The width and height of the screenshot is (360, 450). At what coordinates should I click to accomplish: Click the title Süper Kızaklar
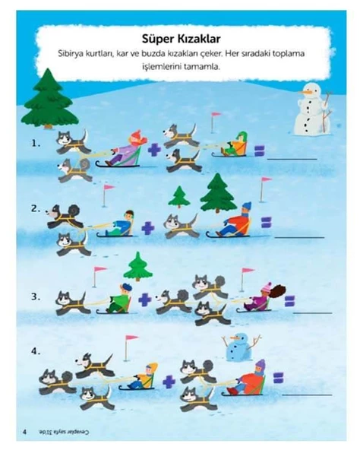[x=181, y=38]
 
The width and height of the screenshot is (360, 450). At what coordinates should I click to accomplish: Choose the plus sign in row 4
[x=169, y=381]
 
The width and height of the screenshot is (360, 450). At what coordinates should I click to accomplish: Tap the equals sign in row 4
[x=278, y=377]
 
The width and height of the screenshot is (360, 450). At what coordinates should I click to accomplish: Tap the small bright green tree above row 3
[x=137, y=266]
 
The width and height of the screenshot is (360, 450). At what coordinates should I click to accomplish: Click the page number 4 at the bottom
[x=25, y=433]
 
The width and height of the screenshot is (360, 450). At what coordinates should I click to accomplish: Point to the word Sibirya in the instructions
[x=73, y=54]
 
